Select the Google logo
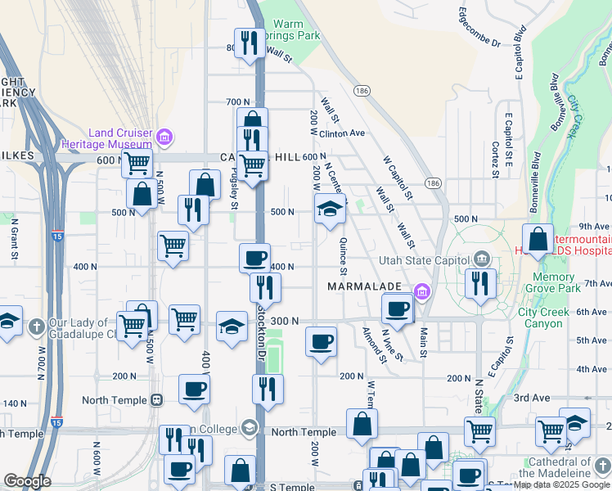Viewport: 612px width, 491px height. coord(27,481)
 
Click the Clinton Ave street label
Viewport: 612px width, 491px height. coord(341,133)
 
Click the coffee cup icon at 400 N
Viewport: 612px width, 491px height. coord(254,257)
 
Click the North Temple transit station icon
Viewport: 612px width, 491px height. coord(156,400)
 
